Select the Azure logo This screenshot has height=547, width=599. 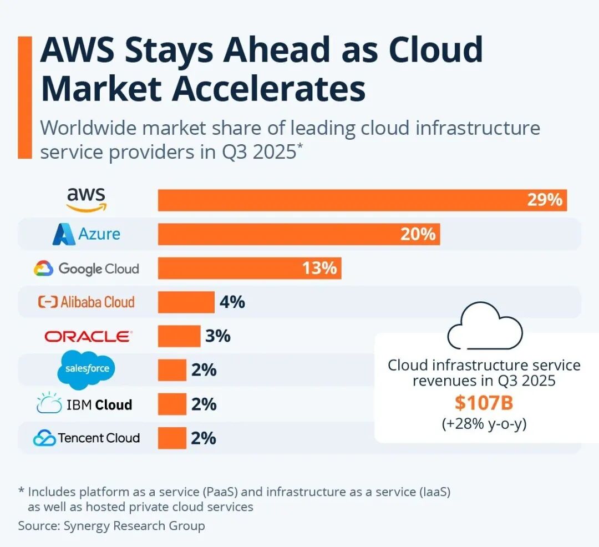86,234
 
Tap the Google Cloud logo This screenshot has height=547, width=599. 86,269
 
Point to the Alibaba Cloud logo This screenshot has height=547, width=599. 86,302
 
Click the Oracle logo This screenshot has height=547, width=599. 88,336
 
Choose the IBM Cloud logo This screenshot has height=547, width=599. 84,404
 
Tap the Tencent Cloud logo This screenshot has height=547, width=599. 86,438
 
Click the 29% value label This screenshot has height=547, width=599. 545,200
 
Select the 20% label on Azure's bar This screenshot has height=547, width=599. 418,234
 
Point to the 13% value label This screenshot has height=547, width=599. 319,269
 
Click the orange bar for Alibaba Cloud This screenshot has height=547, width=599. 186,302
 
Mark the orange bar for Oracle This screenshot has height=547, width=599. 179,336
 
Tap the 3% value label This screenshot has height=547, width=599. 218,336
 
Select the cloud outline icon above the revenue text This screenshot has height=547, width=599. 484,328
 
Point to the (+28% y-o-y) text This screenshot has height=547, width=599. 484,424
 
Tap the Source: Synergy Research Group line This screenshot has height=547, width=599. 111,525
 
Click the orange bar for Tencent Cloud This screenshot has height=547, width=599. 172,438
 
